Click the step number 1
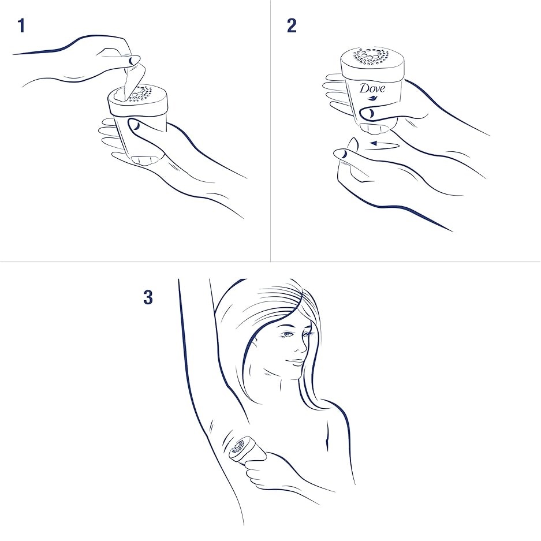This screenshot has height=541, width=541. click(21, 26)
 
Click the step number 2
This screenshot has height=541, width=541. click(292, 26)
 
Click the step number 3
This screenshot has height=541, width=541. click(148, 297)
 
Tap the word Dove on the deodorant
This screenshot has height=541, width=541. click(372, 89)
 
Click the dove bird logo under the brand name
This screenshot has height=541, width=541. click(371, 99)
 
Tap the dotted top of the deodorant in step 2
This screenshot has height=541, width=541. click(372, 57)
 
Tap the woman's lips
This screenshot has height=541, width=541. click(294, 363)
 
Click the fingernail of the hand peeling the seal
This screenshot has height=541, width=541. click(132, 61)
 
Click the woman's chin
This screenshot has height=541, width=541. click(293, 374)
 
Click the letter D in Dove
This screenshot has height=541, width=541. click(364, 88)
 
